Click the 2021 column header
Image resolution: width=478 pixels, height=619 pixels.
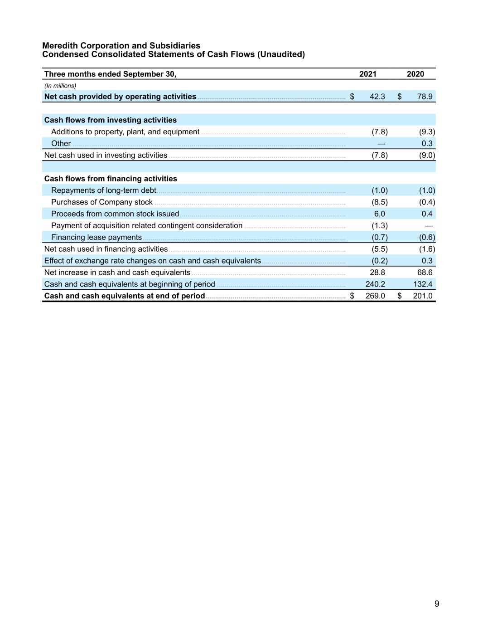click(x=367, y=74)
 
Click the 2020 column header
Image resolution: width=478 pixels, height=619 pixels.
click(x=415, y=74)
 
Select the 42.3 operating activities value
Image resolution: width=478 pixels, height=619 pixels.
click(x=377, y=97)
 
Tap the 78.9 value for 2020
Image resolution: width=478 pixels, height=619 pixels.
click(x=425, y=97)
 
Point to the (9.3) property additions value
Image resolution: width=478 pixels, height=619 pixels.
click(x=427, y=132)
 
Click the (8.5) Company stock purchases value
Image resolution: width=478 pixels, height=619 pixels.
click(x=379, y=202)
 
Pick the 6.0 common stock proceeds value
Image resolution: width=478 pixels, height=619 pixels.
click(x=379, y=214)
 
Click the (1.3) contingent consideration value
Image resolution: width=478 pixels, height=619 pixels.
click(x=379, y=226)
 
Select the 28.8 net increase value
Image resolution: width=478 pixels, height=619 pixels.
click(x=377, y=273)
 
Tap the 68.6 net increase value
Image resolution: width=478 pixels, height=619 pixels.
click(x=425, y=273)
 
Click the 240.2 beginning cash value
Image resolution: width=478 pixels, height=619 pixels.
click(x=375, y=284)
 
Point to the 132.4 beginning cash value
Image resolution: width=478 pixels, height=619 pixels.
click(x=423, y=284)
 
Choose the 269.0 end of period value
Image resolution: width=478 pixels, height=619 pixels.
click(x=375, y=296)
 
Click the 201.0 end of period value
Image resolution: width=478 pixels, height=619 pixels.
click(x=423, y=296)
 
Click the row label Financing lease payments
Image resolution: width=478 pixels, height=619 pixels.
click(x=96, y=238)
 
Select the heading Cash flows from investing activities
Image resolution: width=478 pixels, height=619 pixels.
click(x=110, y=120)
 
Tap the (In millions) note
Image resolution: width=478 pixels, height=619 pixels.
click(x=60, y=86)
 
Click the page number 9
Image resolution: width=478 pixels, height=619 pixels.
click(x=437, y=604)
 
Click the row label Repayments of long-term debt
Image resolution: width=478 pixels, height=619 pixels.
click(x=103, y=190)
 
